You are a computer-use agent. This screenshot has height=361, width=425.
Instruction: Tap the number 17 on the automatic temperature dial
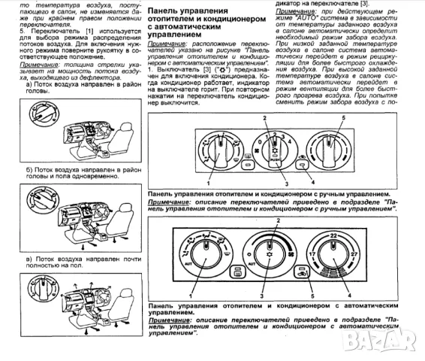310,256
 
